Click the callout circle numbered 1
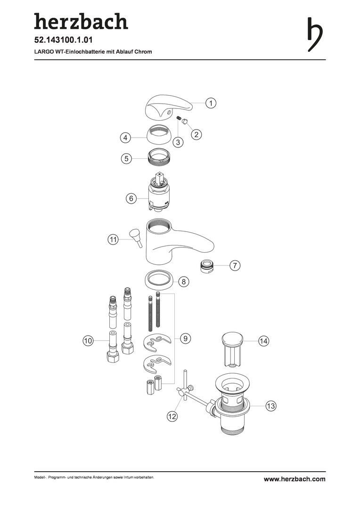[x=211, y=103]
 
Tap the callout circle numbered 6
[x=131, y=198]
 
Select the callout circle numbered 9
[x=185, y=338]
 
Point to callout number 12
[x=172, y=416]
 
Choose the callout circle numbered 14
[x=263, y=341]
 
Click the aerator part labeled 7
[x=207, y=266]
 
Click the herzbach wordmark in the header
[x=81, y=21]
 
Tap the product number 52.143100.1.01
[x=64, y=40]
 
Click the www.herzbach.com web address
[x=295, y=479]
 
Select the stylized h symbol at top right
[x=315, y=34]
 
